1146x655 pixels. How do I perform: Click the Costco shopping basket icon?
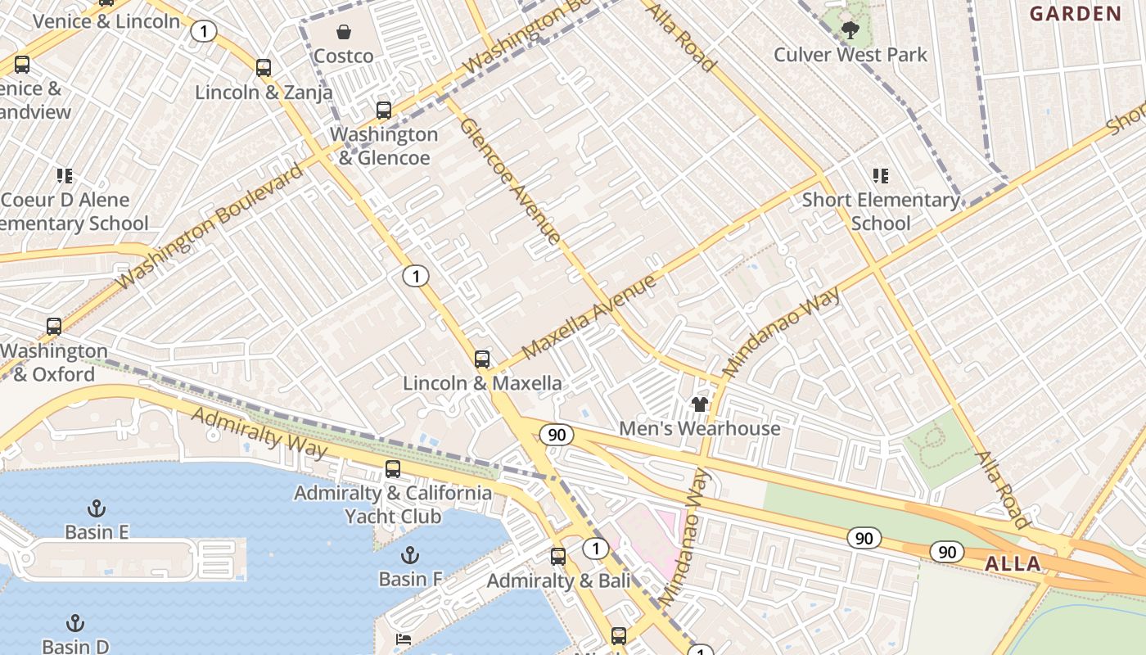pyautogui.click(x=344, y=32)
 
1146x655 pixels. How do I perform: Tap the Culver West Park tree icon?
pyautogui.click(x=850, y=31)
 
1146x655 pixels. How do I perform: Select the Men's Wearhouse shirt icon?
pyautogui.click(x=700, y=404)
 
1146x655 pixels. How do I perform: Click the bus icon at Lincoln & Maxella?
pyautogui.click(x=482, y=359)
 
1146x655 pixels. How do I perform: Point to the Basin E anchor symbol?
pyautogui.click(x=97, y=508)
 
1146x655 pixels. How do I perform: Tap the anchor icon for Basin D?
pyautogui.click(x=75, y=623)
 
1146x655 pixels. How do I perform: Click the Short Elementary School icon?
pyautogui.click(x=881, y=175)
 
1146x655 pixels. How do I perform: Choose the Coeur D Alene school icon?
pyautogui.click(x=65, y=175)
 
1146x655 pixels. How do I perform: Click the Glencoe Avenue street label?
pyautogui.click(x=510, y=181)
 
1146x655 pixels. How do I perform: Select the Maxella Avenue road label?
pyautogui.click(x=589, y=317)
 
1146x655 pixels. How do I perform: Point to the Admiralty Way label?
pyautogui.click(x=259, y=431)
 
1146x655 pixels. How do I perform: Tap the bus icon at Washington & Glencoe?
pyautogui.click(x=384, y=110)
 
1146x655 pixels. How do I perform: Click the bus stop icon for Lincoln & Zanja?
pyautogui.click(x=264, y=68)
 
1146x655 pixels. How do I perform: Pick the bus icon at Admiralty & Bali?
pyautogui.click(x=558, y=557)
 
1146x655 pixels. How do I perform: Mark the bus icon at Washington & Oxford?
pyautogui.click(x=54, y=327)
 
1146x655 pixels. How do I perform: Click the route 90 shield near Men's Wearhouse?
pyautogui.click(x=557, y=435)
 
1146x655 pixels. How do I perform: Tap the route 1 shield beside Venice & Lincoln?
pyautogui.click(x=203, y=32)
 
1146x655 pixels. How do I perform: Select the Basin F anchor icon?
pyautogui.click(x=410, y=556)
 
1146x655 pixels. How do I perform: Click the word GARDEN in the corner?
pyautogui.click(x=1075, y=13)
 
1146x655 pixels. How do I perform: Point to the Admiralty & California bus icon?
pyautogui.click(x=393, y=469)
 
